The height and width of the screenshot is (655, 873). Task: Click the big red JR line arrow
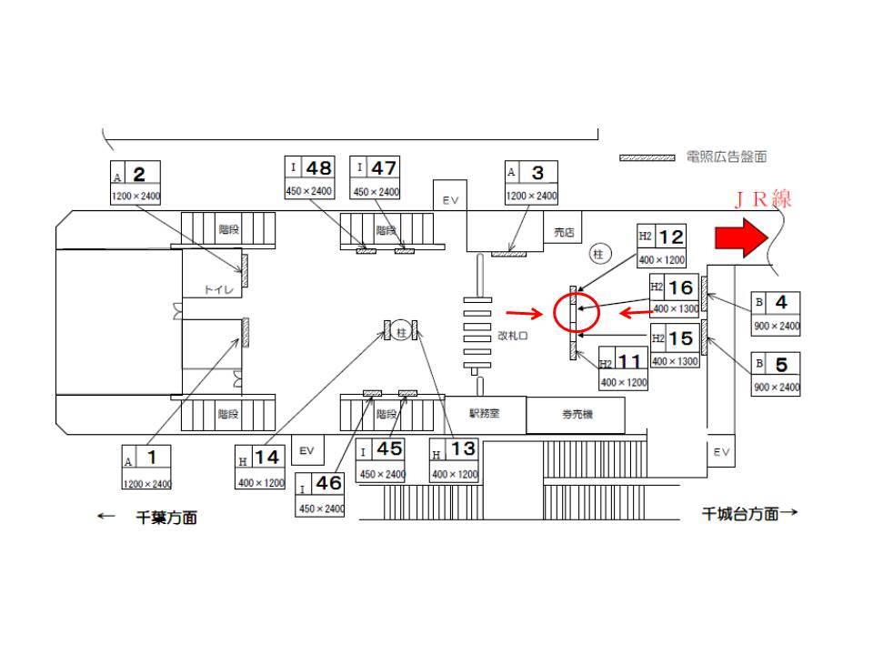click(x=742, y=238)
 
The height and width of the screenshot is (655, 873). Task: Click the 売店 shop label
click(x=565, y=233)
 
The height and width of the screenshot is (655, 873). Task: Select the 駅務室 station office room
click(x=484, y=413)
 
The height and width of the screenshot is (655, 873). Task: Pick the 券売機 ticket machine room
click(x=575, y=415)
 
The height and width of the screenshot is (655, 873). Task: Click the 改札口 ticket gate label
click(x=515, y=335)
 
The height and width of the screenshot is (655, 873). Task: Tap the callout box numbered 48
click(x=309, y=178)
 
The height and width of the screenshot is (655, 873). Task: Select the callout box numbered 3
click(x=531, y=183)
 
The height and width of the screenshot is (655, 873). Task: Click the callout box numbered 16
click(x=674, y=296)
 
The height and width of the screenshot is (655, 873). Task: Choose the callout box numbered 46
click(x=320, y=494)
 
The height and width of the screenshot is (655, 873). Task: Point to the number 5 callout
click(x=776, y=372)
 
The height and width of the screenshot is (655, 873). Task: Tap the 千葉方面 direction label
click(x=166, y=518)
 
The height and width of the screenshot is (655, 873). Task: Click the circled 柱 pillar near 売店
click(x=597, y=254)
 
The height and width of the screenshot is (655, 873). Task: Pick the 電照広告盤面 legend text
click(x=726, y=156)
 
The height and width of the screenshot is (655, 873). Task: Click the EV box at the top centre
click(x=450, y=199)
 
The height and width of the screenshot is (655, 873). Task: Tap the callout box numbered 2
click(x=135, y=183)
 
